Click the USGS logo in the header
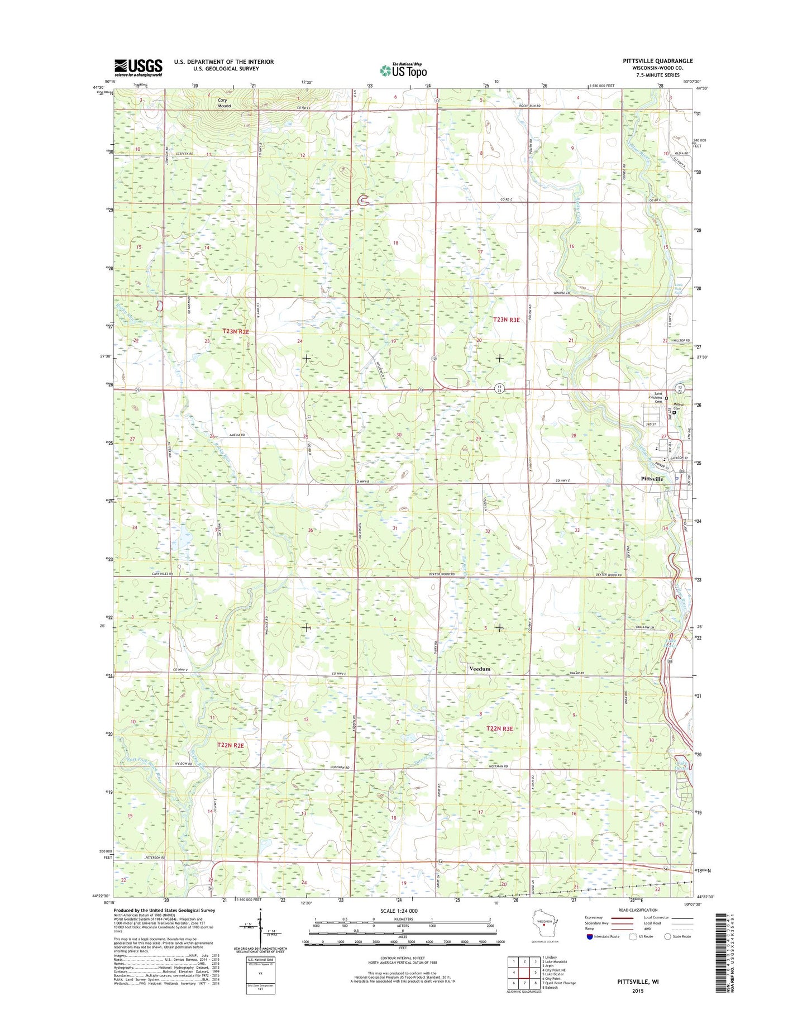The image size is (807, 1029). tap(138, 68)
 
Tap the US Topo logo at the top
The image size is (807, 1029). tap(403, 70)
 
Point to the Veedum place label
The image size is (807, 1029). tap(479, 669)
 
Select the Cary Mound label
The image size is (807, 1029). tap(225, 103)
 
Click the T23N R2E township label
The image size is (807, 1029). tap(236, 331)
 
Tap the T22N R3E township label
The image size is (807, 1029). tap(499, 728)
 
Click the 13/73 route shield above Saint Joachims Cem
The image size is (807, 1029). tap(680, 388)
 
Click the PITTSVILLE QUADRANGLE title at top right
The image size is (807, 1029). tap(657, 61)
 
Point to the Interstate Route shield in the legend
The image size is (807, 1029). tap(590, 936)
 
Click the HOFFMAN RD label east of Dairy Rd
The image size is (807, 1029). tap(498, 766)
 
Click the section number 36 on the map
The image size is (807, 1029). tap(310, 530)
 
